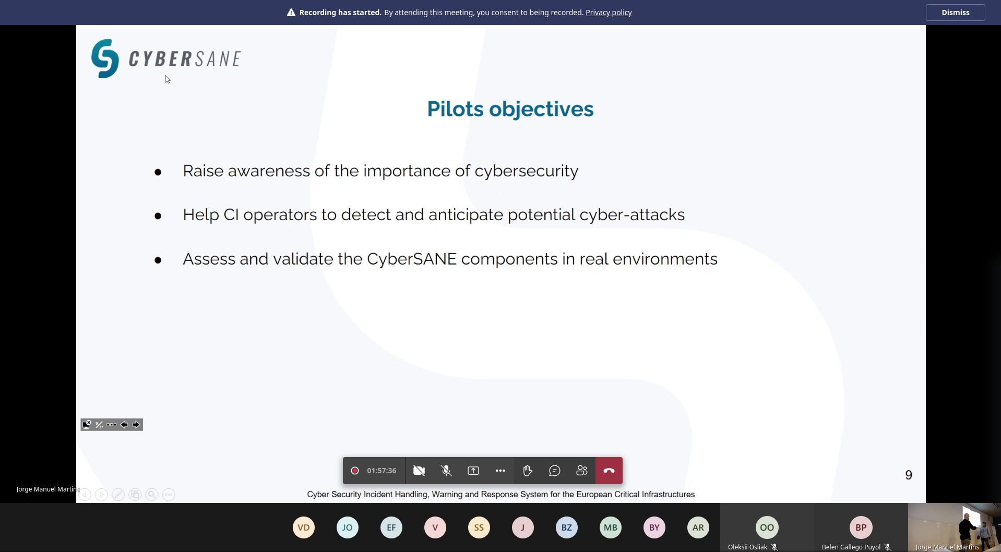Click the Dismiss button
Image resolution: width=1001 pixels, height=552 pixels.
tap(955, 13)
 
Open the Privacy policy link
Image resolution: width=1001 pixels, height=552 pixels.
tap(609, 13)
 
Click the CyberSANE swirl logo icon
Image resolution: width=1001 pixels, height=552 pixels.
tap(105, 58)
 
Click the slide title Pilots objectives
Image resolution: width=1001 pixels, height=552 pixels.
tap(510, 109)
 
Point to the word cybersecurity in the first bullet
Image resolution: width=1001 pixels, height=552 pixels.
tap(526, 171)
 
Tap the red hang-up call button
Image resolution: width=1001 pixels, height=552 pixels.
tap(609, 471)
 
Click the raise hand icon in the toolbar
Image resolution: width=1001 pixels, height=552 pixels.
tap(528, 471)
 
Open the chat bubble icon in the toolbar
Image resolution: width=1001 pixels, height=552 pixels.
tap(555, 471)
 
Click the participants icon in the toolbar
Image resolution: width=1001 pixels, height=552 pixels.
tap(582, 471)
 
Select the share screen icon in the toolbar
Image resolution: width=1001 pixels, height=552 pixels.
tap(473, 471)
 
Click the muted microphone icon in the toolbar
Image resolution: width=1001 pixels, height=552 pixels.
tap(446, 471)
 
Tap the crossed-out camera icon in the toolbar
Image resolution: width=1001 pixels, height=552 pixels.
tap(419, 471)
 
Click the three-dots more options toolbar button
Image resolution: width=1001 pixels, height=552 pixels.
tap(500, 471)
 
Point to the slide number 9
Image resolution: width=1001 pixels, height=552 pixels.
tap(909, 475)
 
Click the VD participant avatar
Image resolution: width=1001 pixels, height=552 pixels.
tap(304, 527)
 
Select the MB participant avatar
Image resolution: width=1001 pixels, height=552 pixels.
tap(611, 527)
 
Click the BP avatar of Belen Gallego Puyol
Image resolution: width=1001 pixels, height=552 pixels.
tap(861, 527)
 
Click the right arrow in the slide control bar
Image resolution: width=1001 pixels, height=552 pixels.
tap(136, 425)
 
